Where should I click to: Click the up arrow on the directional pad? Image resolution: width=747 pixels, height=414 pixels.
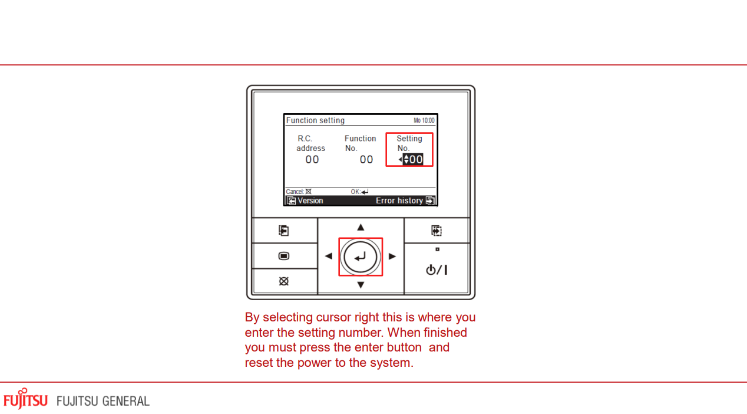click(361, 227)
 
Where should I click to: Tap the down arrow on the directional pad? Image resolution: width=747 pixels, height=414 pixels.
click(361, 285)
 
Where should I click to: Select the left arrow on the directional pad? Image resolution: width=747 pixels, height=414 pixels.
click(329, 256)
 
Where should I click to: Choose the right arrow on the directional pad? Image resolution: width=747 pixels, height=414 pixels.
click(392, 256)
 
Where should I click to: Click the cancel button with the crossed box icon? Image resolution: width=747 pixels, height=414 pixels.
click(284, 281)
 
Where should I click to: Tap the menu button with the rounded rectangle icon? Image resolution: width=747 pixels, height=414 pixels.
click(284, 256)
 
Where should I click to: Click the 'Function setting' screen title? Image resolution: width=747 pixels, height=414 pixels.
click(315, 120)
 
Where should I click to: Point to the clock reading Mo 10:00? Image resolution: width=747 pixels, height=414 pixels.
click(424, 120)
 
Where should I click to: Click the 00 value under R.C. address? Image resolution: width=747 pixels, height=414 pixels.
click(312, 159)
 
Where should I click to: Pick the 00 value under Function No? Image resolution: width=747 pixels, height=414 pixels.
click(366, 159)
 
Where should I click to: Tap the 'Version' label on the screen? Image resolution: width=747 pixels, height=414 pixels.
click(310, 201)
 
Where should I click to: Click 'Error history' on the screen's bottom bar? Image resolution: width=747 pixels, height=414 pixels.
click(399, 201)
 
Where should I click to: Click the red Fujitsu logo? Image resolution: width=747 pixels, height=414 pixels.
click(25, 399)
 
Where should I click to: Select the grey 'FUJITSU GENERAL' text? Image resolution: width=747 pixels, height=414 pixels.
click(103, 401)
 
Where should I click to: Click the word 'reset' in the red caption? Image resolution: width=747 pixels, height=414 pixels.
click(259, 363)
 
